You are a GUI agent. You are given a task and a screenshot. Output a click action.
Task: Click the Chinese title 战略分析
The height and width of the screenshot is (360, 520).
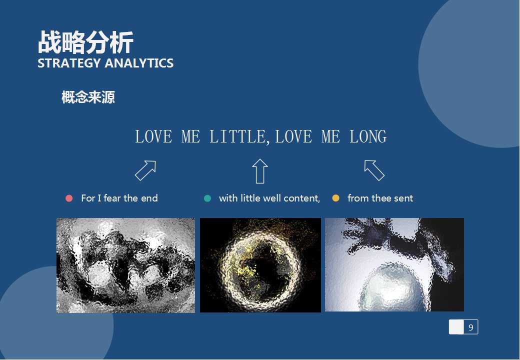point(85,42)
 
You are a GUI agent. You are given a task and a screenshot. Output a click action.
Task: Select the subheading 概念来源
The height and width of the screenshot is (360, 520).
point(88,97)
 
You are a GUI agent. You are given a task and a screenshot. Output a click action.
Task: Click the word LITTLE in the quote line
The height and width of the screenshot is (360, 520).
point(237,136)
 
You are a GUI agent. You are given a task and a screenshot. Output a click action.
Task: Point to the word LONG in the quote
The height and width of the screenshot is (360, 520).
point(368,136)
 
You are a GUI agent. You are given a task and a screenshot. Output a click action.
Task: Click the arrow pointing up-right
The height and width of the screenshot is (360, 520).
point(145,170)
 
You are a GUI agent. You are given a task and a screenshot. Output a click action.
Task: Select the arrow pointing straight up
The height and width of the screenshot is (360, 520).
point(260,171)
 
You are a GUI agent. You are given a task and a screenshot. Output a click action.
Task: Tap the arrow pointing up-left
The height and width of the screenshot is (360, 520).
point(374,170)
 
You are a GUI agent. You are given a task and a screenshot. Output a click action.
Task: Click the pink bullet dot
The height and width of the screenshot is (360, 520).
point(69,198)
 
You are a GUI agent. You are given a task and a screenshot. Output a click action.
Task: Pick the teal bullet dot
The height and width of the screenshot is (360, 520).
point(207,198)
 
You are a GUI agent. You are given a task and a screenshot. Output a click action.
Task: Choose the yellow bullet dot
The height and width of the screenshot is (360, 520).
point(335,198)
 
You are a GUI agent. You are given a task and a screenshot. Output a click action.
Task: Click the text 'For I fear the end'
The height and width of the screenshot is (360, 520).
point(119,198)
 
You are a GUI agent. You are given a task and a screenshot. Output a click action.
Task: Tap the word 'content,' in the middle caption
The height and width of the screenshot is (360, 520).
point(302,198)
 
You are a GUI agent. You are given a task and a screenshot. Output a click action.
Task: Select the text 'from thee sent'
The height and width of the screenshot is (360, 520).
point(380,198)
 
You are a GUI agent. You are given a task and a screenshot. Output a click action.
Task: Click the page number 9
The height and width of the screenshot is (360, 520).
point(470,327)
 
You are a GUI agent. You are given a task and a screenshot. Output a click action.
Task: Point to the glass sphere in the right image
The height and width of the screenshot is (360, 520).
point(387,289)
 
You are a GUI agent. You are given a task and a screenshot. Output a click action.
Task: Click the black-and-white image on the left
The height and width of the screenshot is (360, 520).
point(125,265)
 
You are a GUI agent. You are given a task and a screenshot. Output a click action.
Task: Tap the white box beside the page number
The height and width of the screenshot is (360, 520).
point(456,327)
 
